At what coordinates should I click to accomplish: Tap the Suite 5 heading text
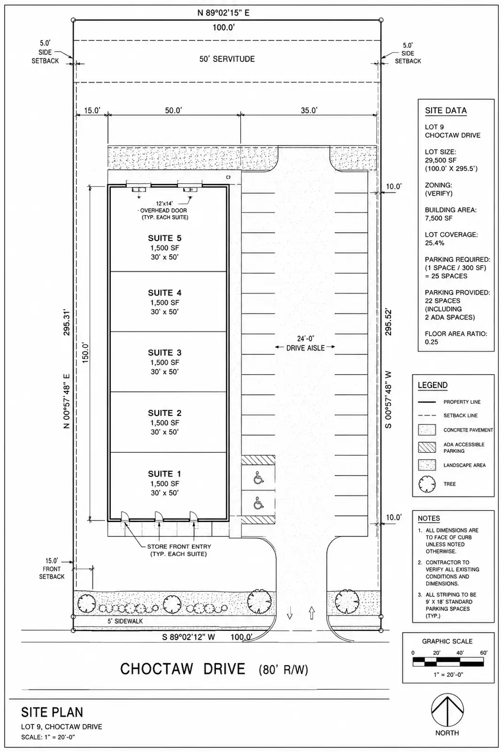click(x=165, y=238)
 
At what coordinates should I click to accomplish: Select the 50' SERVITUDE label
click(x=227, y=59)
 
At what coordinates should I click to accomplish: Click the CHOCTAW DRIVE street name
click(x=183, y=669)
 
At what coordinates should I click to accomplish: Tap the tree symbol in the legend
click(x=427, y=484)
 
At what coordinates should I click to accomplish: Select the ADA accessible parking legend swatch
click(x=427, y=447)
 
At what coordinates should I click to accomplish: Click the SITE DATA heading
click(x=446, y=110)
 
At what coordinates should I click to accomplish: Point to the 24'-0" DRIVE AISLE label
click(x=305, y=344)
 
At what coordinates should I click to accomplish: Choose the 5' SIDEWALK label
click(x=125, y=621)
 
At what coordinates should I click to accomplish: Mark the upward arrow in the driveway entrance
click(x=312, y=613)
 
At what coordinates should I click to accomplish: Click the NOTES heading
click(x=429, y=518)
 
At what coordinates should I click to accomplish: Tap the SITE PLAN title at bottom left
click(x=52, y=712)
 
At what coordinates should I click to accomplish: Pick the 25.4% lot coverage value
click(x=435, y=243)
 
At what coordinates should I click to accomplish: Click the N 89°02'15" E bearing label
click(x=224, y=13)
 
